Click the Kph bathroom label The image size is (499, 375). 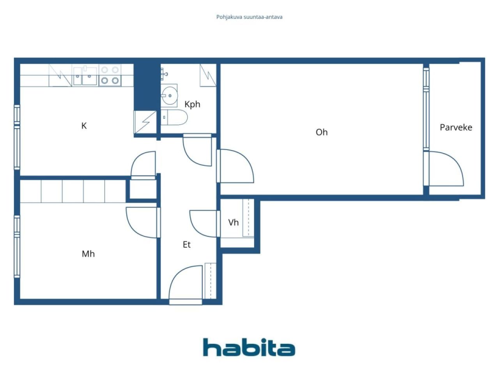[192, 105]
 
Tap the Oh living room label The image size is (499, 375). [322, 132]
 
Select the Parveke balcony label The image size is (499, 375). [456, 127]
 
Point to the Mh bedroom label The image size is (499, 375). [88, 254]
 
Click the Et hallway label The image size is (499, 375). [187, 245]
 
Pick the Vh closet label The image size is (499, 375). [234, 222]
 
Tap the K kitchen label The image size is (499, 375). [84, 126]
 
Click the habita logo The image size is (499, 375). [249, 347]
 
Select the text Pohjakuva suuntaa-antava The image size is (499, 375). [249, 17]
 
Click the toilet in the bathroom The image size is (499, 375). [174, 118]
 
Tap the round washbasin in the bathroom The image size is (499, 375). [169, 96]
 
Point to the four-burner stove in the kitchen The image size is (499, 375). [110, 75]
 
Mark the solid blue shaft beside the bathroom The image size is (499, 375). [147, 87]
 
